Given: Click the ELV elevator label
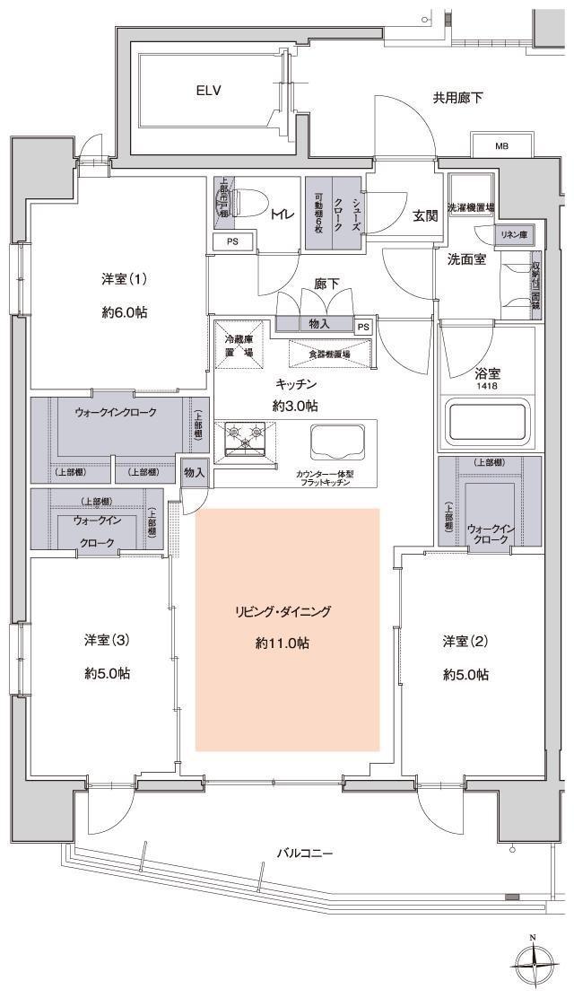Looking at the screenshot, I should [x=209, y=91].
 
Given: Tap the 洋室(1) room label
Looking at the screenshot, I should [x=124, y=279].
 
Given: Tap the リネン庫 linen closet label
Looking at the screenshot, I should [x=514, y=234].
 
